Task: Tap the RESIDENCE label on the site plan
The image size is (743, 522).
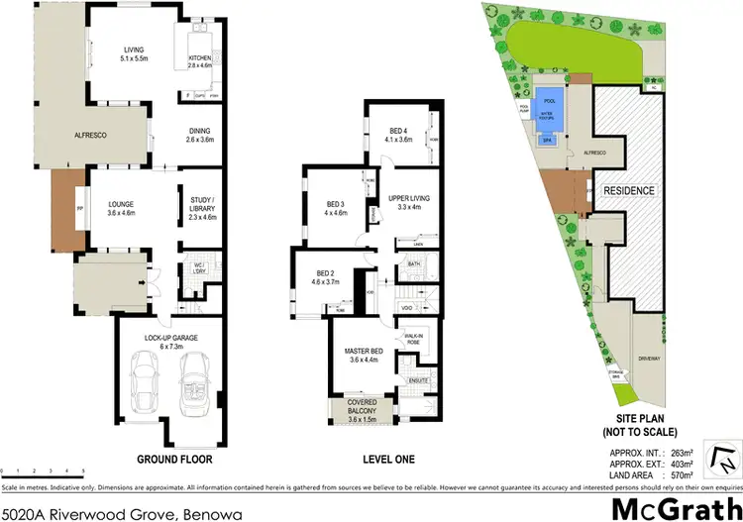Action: pyautogui.click(x=628, y=189)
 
